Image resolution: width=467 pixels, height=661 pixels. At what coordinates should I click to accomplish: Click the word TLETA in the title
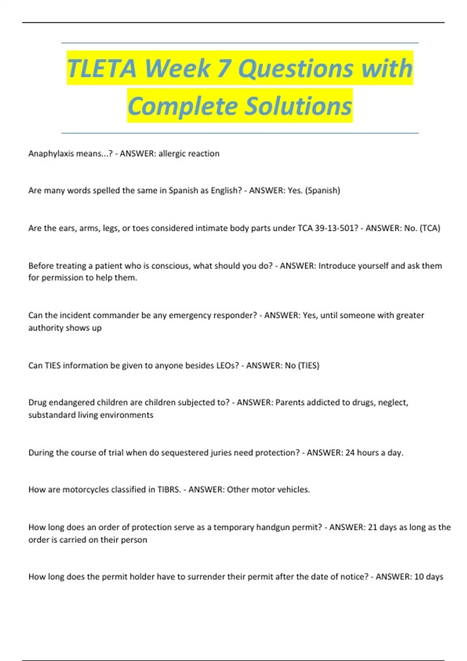click(x=102, y=68)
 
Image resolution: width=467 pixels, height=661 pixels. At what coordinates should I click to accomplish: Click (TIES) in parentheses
click(x=309, y=365)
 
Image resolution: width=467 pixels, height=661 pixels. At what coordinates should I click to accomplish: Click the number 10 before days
click(x=419, y=577)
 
